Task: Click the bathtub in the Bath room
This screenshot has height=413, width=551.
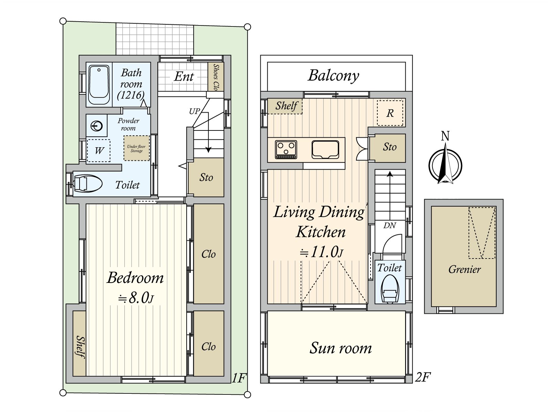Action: [99, 84]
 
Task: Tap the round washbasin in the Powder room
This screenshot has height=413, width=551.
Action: [97, 126]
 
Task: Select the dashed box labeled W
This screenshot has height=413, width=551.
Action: [98, 150]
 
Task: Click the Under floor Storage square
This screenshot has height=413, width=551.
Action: [137, 148]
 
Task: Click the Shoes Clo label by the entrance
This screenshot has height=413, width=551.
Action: [216, 77]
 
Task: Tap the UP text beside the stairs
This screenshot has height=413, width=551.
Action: [194, 112]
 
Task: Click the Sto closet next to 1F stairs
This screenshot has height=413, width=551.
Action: [206, 178]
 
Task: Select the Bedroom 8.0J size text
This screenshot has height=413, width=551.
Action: [136, 298]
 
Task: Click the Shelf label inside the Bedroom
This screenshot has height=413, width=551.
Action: [80, 347]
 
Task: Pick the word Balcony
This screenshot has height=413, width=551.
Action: [333, 76]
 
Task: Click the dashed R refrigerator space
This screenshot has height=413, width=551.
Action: [390, 113]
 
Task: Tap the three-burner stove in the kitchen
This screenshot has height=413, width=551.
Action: [286, 149]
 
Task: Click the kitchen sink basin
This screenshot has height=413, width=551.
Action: [325, 149]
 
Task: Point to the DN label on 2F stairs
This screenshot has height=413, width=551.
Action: [389, 226]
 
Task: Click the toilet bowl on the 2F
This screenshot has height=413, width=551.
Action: [390, 291]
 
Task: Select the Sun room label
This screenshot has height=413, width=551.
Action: [341, 348]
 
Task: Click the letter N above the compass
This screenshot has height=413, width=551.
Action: [445, 136]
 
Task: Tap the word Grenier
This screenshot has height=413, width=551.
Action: [464, 269]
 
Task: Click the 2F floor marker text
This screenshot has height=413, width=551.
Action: [423, 378]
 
